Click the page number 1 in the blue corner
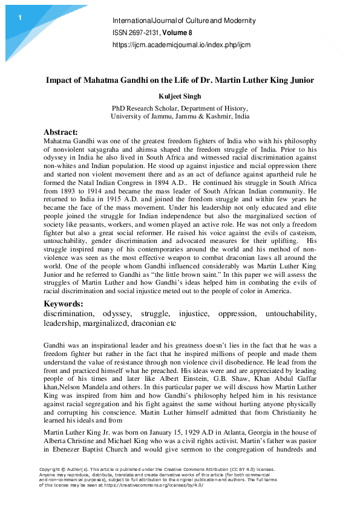(19, 18)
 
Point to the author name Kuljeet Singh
(180, 95)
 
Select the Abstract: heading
(61, 132)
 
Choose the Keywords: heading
(64, 303)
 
